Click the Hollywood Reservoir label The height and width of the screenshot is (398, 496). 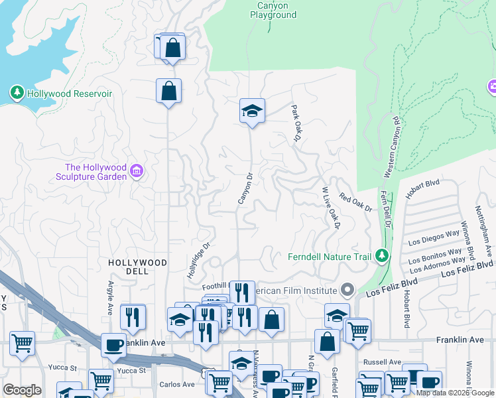pyautogui.click(x=69, y=94)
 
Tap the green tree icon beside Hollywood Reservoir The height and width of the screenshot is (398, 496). pyautogui.click(x=17, y=94)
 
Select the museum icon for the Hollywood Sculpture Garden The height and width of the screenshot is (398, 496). pyautogui.click(x=137, y=172)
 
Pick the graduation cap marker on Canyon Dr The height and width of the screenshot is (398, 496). pyautogui.click(x=252, y=110)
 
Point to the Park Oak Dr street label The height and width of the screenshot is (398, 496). pyautogui.click(x=296, y=123)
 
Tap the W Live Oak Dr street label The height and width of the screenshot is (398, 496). pyautogui.click(x=330, y=208)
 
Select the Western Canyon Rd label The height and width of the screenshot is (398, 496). pyautogui.click(x=391, y=147)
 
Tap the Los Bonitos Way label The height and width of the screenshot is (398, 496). pyautogui.click(x=436, y=256)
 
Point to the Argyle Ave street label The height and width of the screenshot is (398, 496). pyautogui.click(x=111, y=298)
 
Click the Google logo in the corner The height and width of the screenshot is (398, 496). pyautogui.click(x=23, y=390)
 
